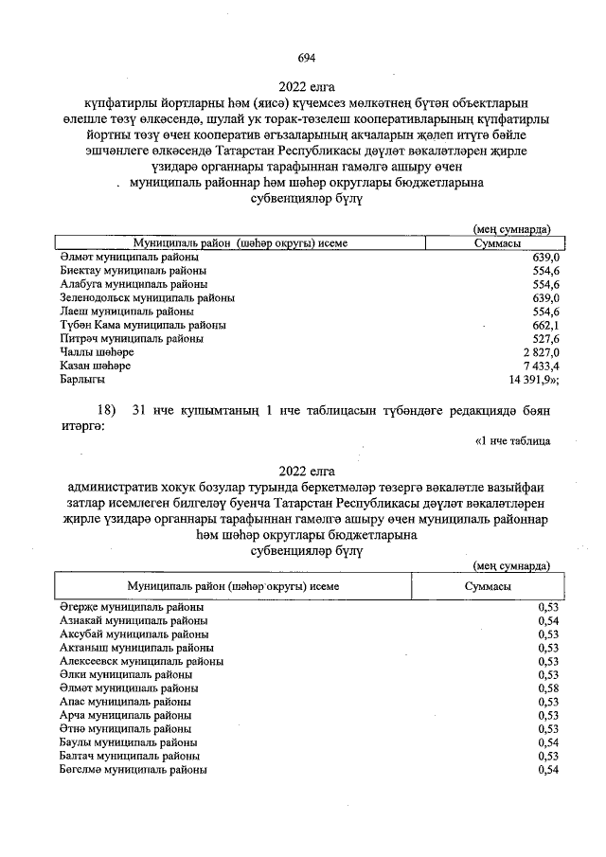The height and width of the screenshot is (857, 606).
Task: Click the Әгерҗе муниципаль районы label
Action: pyautogui.click(x=131, y=607)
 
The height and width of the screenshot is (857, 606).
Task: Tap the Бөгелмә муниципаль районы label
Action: pyautogui.click(x=134, y=771)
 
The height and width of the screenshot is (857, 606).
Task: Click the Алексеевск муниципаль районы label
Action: pyautogui.click(x=141, y=661)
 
